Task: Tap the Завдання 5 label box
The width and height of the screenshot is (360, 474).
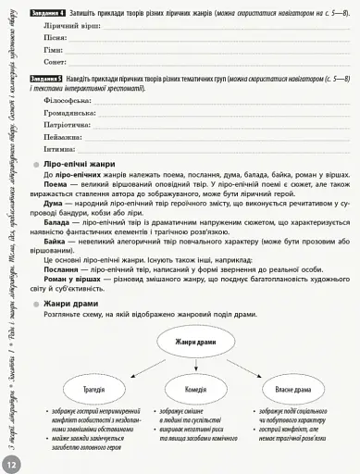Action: [x=47, y=80]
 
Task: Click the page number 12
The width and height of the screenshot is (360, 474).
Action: [x=11, y=463]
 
